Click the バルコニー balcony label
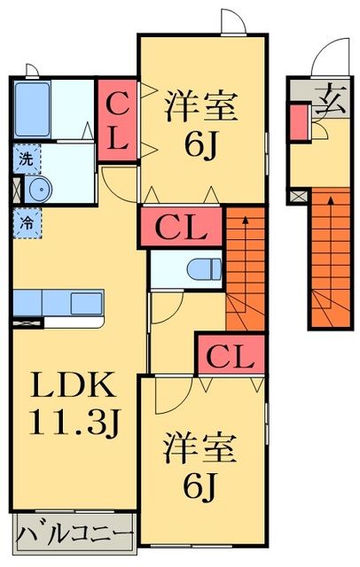(74, 536)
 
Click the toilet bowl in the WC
(206, 268)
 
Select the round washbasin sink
(39, 190)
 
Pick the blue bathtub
(32, 111)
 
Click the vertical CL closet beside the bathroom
(117, 121)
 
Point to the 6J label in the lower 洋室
(201, 485)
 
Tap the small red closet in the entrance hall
(299, 120)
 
